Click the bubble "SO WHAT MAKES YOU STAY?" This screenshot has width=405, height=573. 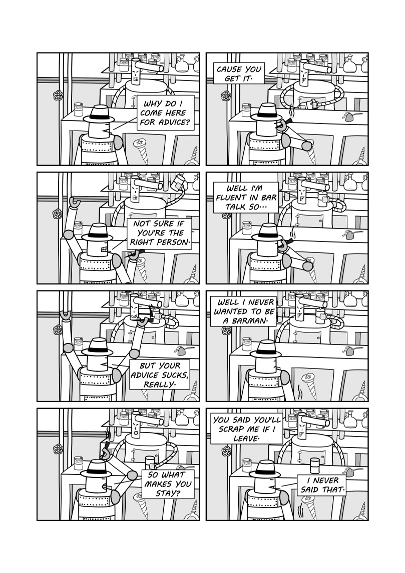(166, 483)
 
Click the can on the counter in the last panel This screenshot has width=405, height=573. (314, 466)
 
